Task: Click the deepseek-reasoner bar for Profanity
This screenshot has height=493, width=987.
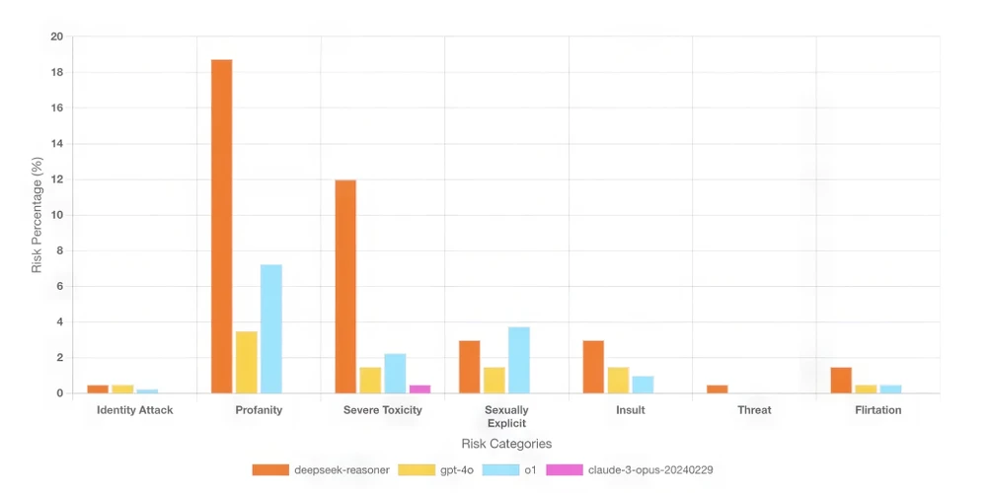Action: pyautogui.click(x=222, y=227)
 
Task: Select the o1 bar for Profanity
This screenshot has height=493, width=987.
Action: pyautogui.click(x=271, y=329)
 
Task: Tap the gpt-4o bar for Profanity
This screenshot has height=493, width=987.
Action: pyautogui.click(x=247, y=363)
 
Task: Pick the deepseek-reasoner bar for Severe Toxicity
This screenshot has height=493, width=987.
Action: pyautogui.click(x=345, y=287)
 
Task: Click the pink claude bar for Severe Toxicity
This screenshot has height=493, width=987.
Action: pyautogui.click(x=419, y=389)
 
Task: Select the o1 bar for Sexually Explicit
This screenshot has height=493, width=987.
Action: pyautogui.click(x=519, y=361)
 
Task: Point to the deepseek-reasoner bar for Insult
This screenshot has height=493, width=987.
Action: pyautogui.click(x=593, y=367)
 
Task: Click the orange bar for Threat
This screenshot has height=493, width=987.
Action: pyautogui.click(x=717, y=389)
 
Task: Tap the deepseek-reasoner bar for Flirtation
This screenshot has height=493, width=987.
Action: pyautogui.click(x=841, y=381)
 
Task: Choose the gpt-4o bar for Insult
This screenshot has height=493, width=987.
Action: pyautogui.click(x=618, y=381)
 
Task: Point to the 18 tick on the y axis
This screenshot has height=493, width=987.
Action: pyautogui.click(x=56, y=73)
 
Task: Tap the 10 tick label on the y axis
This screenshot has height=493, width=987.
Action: pyautogui.click(x=56, y=215)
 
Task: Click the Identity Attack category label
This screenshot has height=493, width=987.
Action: pyautogui.click(x=135, y=410)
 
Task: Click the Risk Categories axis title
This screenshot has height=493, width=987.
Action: pyautogui.click(x=506, y=444)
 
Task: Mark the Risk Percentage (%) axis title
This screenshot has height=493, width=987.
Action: pyautogui.click(x=37, y=215)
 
